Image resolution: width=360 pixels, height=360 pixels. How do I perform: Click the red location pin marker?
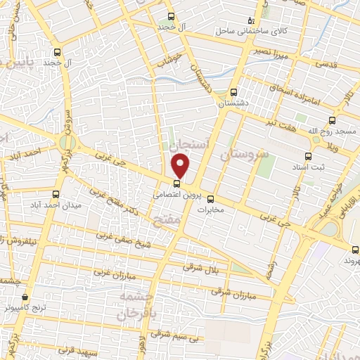tap(181, 167)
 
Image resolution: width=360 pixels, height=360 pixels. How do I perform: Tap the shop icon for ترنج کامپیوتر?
tap(25, 297)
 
